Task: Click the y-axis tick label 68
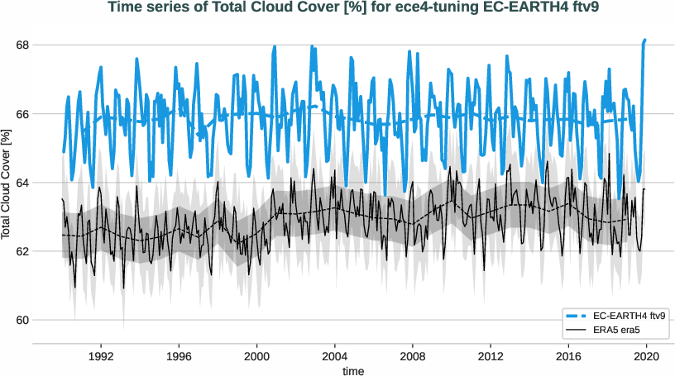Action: tap(22, 45)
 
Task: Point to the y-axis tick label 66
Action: tap(22, 113)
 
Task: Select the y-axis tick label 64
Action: tap(22, 182)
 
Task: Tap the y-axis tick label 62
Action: tap(22, 251)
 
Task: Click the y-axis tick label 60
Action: tap(22, 320)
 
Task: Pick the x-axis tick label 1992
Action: tap(101, 357)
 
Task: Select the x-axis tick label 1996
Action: tap(179, 357)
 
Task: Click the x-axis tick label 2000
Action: tap(256, 357)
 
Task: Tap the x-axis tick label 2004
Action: tap(334, 357)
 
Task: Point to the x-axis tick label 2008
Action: tap(412, 357)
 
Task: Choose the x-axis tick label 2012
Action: tap(490, 357)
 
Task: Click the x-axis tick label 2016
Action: tap(567, 357)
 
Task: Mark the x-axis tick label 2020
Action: tap(645, 357)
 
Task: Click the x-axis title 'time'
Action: tap(353, 371)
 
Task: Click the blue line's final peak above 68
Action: tap(644, 40)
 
